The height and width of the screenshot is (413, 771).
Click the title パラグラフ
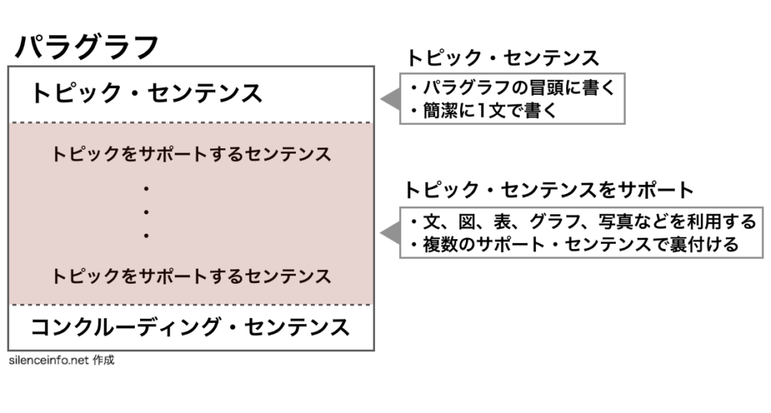(87, 47)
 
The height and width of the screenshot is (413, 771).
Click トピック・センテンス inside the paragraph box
(146, 93)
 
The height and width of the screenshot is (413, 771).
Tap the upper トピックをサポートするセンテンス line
(191, 154)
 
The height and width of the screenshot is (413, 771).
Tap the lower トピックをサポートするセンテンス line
(191, 276)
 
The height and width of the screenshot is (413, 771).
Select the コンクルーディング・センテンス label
(190, 327)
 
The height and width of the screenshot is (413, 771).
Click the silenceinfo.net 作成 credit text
(62, 360)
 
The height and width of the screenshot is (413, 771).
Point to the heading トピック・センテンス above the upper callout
(502, 58)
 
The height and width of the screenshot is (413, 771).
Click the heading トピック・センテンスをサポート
(549, 190)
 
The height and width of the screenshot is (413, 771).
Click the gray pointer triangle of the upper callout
(391, 99)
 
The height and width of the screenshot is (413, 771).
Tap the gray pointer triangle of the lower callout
(391, 232)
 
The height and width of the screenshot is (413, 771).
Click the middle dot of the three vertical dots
(146, 212)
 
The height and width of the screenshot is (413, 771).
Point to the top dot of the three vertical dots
(146, 189)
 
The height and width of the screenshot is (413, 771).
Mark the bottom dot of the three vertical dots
(146, 235)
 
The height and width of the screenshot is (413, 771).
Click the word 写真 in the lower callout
(615, 221)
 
